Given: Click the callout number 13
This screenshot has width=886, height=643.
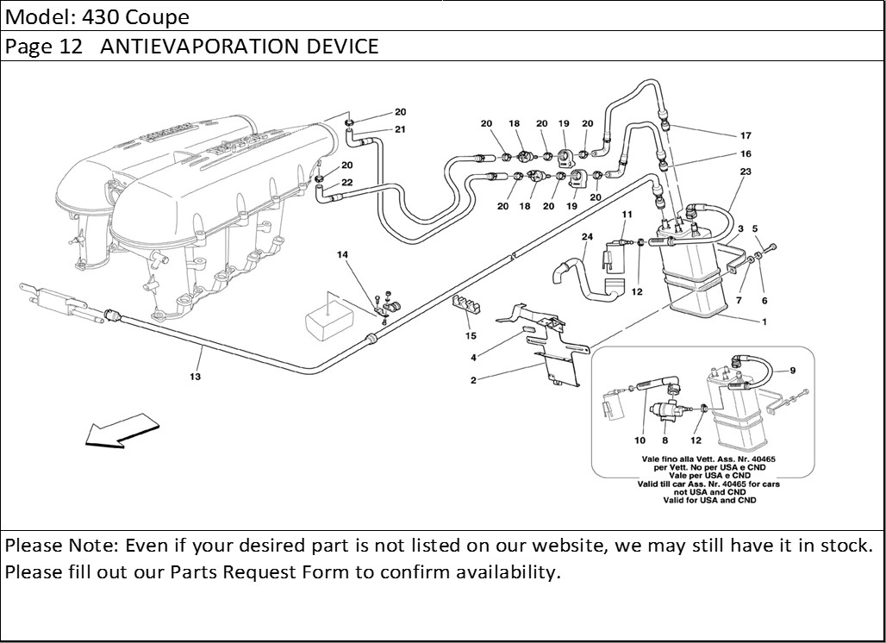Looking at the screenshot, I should [196, 377].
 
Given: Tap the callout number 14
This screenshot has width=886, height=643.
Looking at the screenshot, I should [343, 255].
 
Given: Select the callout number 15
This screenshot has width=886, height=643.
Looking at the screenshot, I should [471, 335].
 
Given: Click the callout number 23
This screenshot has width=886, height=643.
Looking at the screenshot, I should [745, 172].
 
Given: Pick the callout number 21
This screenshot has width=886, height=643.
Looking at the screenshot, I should [400, 129].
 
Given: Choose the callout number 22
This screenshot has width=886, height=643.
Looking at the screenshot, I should [346, 182].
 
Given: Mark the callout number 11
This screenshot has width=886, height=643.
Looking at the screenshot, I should [627, 214].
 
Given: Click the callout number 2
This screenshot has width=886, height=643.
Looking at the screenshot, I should [473, 380].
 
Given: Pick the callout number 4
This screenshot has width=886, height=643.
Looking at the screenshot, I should [473, 358].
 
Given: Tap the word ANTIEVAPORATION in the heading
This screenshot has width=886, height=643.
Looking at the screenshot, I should [203, 47].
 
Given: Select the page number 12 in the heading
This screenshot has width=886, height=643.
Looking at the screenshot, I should [71, 47].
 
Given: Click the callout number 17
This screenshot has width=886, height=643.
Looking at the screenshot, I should [746, 135].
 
